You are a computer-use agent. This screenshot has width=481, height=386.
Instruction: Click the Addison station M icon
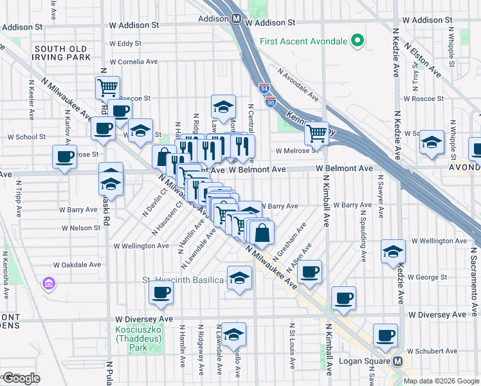click(x=237, y=19)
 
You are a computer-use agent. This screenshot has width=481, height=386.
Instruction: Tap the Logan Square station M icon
click(x=398, y=362)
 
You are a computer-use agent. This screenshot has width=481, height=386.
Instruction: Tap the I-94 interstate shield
click(x=265, y=86)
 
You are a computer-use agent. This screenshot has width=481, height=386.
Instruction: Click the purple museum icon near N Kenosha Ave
click(x=46, y=283)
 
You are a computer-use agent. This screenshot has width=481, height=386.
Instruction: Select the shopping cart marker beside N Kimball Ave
click(x=316, y=133)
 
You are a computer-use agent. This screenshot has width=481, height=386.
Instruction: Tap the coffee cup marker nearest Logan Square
click(x=386, y=335)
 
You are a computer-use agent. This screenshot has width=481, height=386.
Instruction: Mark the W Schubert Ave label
click(x=430, y=351)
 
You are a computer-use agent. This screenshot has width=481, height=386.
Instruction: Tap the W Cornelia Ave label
click(x=134, y=62)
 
